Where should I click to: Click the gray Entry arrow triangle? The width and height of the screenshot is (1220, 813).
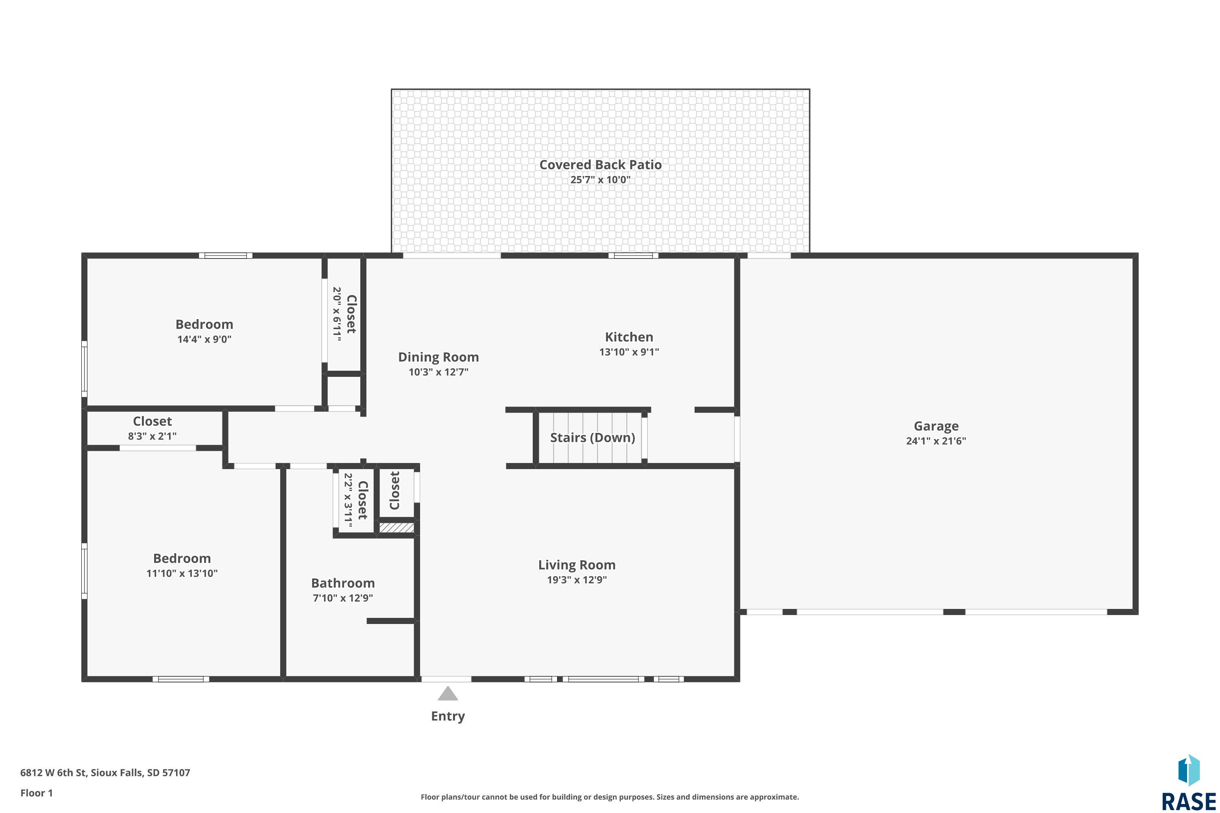448,694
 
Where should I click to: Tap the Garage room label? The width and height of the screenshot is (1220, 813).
936,426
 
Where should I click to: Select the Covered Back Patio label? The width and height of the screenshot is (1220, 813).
600,165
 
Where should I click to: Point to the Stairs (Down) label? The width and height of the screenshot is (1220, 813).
593,438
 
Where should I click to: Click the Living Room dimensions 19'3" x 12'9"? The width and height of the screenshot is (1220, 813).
577,580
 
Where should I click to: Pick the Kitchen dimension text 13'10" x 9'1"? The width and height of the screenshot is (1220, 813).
629,352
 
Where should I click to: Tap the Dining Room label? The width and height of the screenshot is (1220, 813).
438,357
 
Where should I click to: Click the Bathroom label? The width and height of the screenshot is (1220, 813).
343,583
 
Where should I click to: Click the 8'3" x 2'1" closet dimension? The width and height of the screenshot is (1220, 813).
152,436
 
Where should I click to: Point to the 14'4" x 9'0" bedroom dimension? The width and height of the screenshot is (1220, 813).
205,339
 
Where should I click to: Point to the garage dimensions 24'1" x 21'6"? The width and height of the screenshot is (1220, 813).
936,441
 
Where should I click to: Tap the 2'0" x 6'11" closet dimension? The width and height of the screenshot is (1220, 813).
337,314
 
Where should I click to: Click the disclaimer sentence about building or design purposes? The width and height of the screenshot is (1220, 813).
610,797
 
